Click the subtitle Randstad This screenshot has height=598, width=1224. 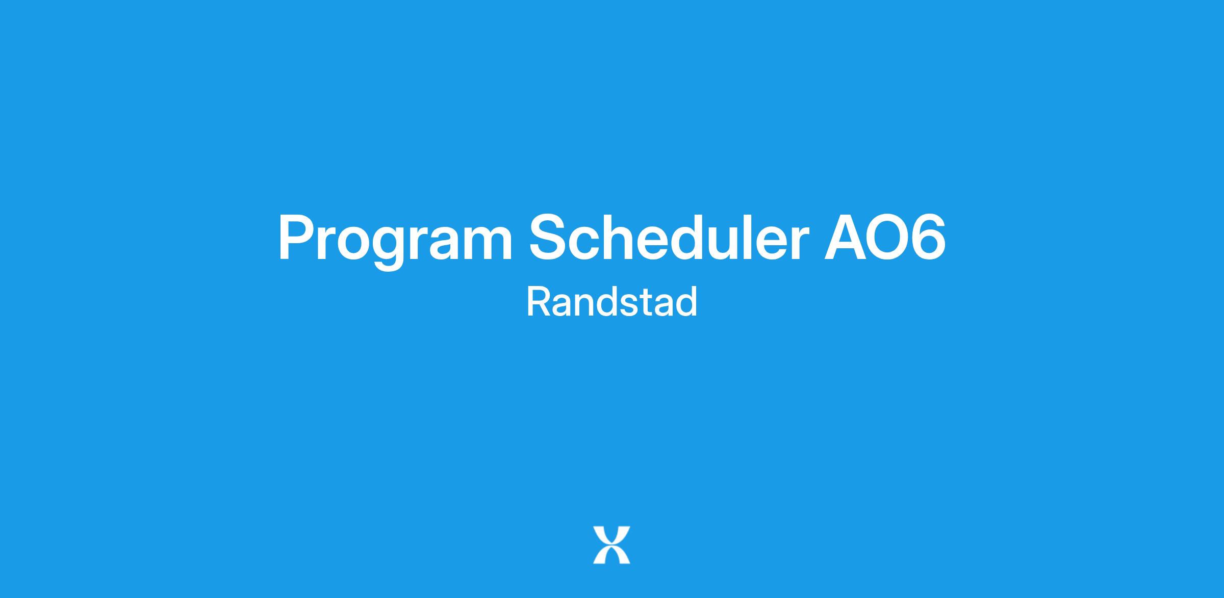tap(611, 302)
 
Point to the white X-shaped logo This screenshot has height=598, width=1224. tap(611, 545)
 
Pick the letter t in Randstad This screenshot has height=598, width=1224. tap(645, 303)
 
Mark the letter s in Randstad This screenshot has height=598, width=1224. tap(629, 305)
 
